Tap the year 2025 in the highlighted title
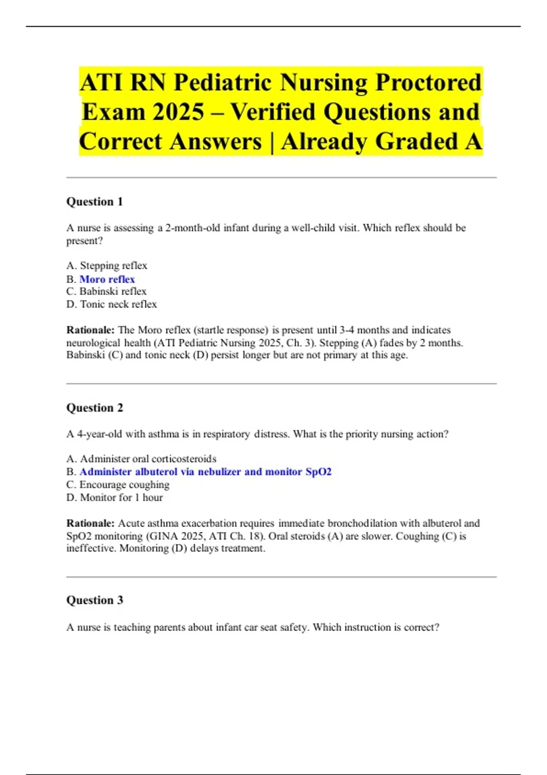click(178, 112)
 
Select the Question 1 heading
click(95, 201)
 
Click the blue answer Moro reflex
click(107, 279)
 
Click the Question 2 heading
click(95, 408)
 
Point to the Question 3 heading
click(95, 600)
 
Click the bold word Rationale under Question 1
click(90, 330)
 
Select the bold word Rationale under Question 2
click(90, 523)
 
